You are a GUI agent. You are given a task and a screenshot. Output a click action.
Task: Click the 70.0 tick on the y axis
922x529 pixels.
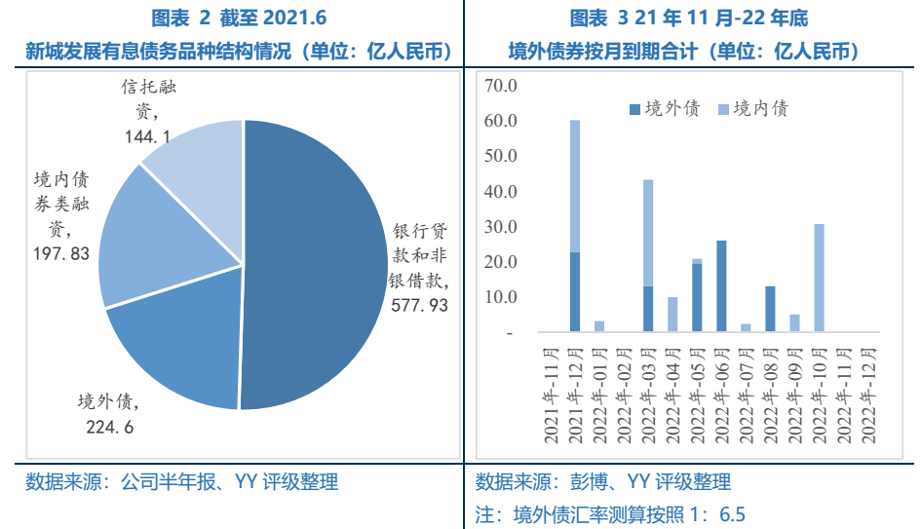pos(499,86)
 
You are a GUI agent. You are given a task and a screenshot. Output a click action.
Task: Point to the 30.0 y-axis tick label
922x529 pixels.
pos(499,227)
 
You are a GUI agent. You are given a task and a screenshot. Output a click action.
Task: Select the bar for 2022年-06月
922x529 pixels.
pos(721,286)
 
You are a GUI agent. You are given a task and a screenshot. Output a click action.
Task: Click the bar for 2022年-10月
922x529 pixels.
pos(819,279)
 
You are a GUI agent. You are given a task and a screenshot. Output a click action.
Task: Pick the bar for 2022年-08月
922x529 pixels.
pos(770,309)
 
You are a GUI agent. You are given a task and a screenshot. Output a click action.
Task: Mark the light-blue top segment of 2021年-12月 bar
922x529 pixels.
pos(575,185)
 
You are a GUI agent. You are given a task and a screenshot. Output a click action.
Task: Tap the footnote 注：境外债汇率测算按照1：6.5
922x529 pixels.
pos(610,514)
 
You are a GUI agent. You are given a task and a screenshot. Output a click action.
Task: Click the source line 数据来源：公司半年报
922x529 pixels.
pos(181,481)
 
